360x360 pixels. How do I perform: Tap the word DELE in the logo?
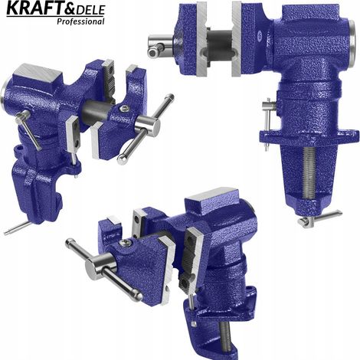coord(91,10)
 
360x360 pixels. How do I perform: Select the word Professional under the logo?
coord(80,21)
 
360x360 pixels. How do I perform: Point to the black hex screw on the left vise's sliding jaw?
coord(124,108)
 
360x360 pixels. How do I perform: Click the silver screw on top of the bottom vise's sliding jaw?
coord(126,243)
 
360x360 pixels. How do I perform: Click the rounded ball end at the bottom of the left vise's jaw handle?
coord(123,159)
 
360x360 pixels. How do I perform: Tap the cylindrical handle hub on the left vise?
coord(148,125)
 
